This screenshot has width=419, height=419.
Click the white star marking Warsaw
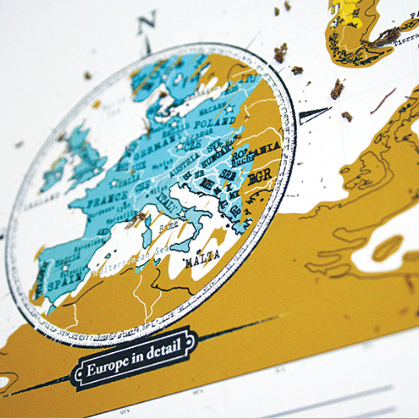229,109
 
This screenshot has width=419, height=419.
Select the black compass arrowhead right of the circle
314,114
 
